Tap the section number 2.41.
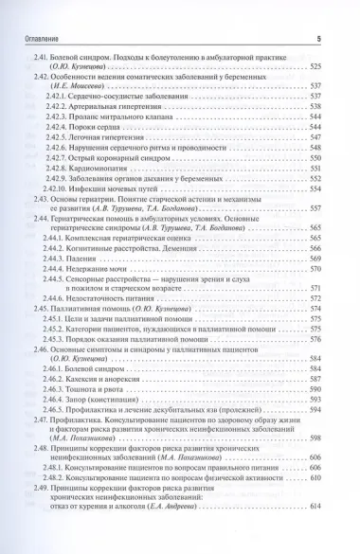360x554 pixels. pyautogui.click(x=41, y=60)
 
